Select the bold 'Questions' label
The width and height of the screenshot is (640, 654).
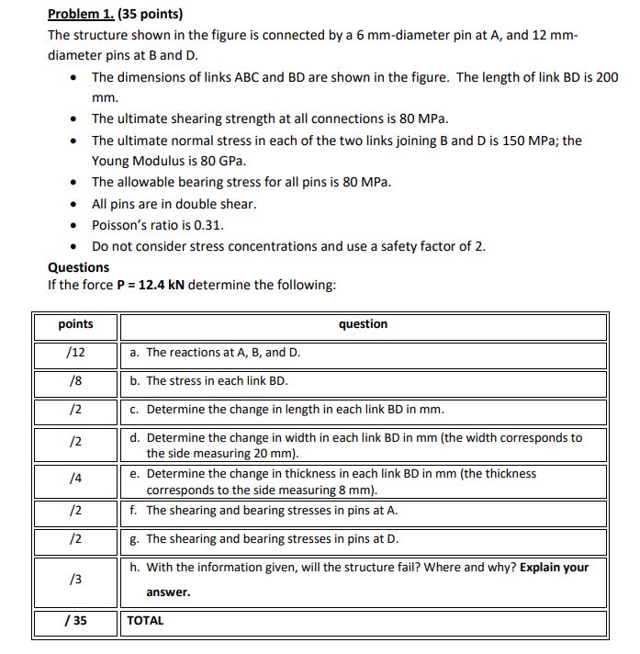(78, 267)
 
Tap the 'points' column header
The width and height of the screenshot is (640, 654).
(75, 324)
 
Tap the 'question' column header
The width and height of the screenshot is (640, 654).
(363, 324)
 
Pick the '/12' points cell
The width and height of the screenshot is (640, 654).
(75, 353)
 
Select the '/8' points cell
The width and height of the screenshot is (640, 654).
(75, 381)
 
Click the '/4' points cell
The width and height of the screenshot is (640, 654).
(75, 479)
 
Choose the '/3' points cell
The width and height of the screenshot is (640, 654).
(75, 579)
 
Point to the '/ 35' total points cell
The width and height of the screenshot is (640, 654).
(75, 621)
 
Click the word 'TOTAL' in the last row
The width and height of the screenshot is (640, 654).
(145, 621)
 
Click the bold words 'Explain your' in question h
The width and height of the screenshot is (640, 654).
(554, 568)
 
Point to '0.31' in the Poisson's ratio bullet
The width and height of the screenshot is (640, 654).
(209, 225)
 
